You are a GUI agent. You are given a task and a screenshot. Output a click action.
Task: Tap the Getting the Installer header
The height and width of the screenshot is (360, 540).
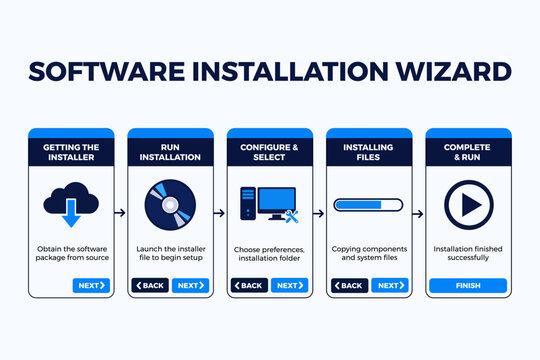pyautogui.click(x=70, y=151)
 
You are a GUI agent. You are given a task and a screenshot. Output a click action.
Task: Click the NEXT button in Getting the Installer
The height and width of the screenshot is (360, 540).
pyautogui.click(x=91, y=285)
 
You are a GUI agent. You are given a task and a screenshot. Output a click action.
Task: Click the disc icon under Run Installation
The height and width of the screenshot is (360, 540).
pyautogui.click(x=169, y=205)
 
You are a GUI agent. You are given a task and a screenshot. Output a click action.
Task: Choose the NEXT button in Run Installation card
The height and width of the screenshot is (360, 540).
pyautogui.click(x=190, y=285)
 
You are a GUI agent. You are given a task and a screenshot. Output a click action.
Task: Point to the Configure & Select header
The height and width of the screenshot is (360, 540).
pyautogui.click(x=269, y=151)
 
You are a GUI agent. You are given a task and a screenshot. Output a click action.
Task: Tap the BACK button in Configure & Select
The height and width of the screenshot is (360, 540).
pyautogui.click(x=249, y=285)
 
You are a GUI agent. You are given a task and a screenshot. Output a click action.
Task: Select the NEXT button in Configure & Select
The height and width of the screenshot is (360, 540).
pyautogui.click(x=289, y=285)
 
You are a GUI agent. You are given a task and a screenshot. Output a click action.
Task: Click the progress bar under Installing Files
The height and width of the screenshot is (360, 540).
pyautogui.click(x=368, y=205)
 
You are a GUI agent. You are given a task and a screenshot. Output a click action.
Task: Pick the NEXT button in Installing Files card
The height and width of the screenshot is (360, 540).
pyautogui.click(x=389, y=285)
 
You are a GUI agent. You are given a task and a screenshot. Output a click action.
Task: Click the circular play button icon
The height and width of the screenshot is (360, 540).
pyautogui.click(x=468, y=205)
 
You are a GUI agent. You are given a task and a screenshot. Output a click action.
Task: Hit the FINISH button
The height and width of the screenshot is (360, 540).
pyautogui.click(x=468, y=285)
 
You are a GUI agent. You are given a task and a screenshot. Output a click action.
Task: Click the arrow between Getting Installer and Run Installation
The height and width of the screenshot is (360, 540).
pyautogui.click(x=120, y=212)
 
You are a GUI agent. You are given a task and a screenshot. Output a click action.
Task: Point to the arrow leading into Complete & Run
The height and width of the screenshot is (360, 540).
pyautogui.click(x=418, y=212)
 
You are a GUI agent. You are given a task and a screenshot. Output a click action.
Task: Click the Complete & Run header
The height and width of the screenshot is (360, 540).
pyautogui.click(x=468, y=151)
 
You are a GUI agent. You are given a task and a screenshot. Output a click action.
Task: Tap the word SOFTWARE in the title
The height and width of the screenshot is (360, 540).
pyautogui.click(x=109, y=73)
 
